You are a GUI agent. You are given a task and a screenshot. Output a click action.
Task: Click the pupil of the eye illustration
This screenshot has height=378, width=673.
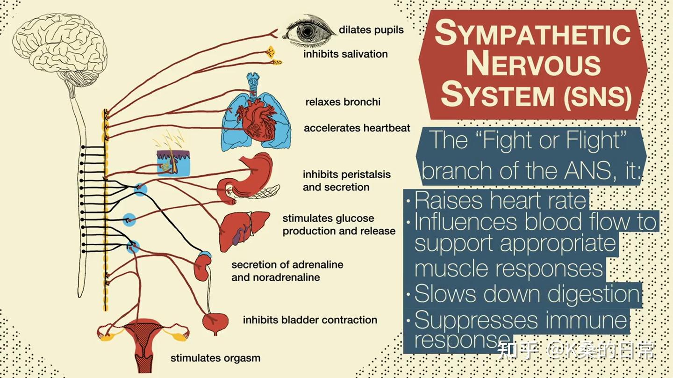pos(307,31)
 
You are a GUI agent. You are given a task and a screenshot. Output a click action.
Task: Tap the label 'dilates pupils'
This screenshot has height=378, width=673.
pos(371,30)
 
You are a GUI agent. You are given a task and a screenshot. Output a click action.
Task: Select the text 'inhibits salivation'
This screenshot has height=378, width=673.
pos(345,54)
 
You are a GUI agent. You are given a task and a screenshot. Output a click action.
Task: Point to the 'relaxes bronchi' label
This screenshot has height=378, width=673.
pos(343,102)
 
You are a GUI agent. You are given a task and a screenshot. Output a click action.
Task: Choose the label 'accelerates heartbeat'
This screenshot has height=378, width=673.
pos(357,128)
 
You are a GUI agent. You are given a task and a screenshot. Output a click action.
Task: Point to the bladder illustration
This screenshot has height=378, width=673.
pos(215,323)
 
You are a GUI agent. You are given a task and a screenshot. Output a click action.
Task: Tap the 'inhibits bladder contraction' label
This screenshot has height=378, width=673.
pos(310,320)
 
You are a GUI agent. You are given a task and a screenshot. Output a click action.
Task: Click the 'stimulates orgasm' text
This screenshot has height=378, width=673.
pos(215,358)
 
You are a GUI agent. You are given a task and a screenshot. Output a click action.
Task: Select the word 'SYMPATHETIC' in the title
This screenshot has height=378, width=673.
pos(532,33)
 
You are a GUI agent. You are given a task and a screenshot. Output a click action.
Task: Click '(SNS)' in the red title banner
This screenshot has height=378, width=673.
pos(597,97)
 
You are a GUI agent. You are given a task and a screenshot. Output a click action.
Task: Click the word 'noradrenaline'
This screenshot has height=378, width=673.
pos(286,277)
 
